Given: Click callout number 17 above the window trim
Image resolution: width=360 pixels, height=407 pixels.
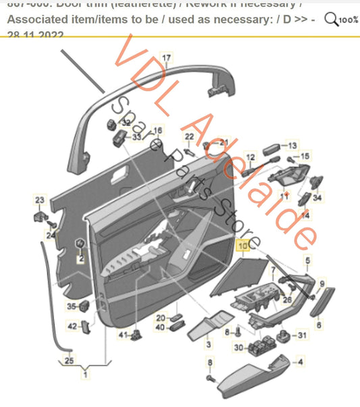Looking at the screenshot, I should point(166,58).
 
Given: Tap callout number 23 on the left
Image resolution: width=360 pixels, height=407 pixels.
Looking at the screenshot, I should point(40,200).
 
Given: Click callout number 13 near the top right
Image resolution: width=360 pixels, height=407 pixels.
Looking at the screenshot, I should point(292,146).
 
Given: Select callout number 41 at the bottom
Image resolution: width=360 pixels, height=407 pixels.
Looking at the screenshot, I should point(123,335).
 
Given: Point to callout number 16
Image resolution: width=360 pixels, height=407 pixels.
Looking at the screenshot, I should point(157,130).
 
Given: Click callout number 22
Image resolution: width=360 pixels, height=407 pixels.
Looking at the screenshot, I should point(189,136).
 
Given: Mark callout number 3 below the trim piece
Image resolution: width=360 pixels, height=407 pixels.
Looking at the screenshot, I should point(209,344).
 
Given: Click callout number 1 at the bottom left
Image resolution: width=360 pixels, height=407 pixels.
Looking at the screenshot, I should point(85,373).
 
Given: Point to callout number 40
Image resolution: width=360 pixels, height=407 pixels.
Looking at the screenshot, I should point(160,328).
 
